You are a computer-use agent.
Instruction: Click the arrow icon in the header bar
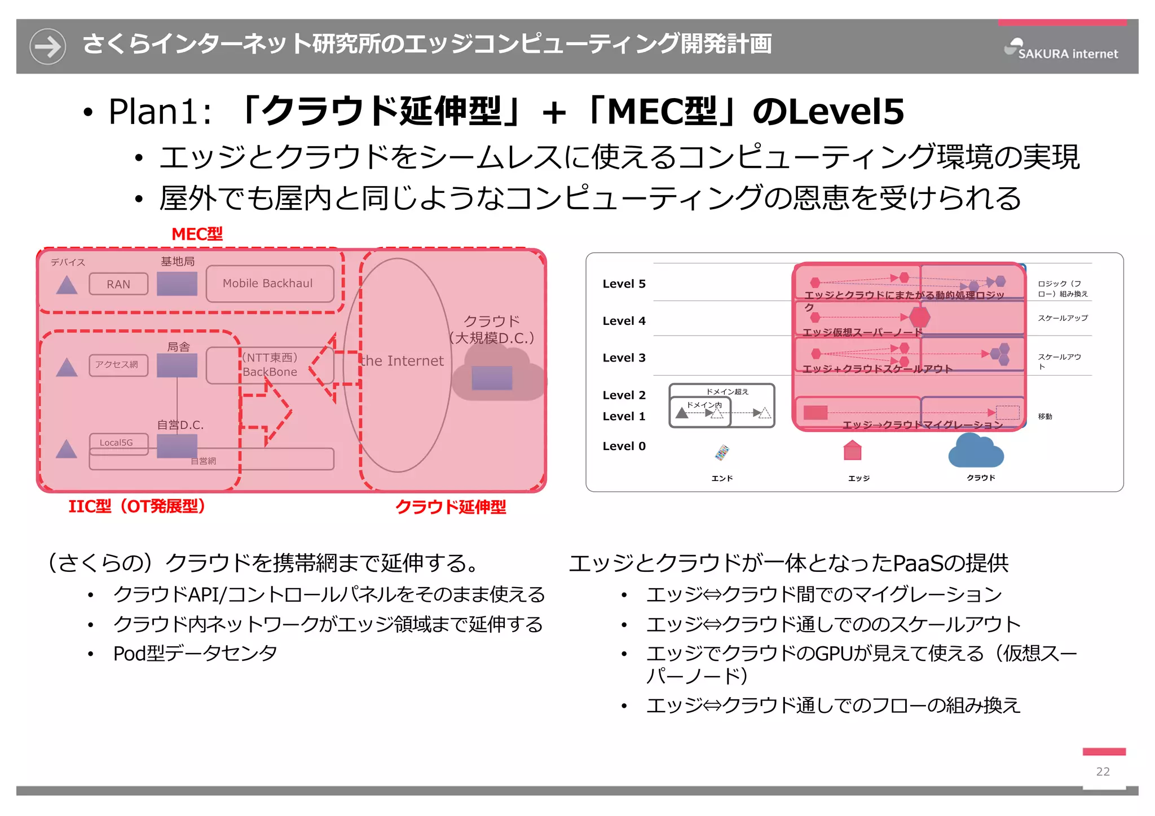click(x=48, y=46)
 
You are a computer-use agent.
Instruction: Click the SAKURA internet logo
click(x=1061, y=50)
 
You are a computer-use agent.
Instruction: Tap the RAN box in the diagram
click(x=118, y=284)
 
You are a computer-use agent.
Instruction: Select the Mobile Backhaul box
click(x=268, y=284)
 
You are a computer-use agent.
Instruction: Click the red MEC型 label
click(x=197, y=233)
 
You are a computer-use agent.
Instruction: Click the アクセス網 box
click(x=118, y=365)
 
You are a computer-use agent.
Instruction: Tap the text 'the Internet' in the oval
click(x=402, y=361)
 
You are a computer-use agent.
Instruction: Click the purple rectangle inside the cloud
click(x=492, y=378)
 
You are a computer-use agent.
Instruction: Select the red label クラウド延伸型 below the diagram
click(x=450, y=507)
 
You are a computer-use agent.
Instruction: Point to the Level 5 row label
click(x=624, y=284)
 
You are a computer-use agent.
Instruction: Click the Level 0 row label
click(x=624, y=446)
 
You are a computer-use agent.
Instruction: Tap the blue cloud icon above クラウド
click(x=976, y=452)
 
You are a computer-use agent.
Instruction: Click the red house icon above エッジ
click(x=852, y=451)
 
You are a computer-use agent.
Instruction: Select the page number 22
click(x=1103, y=771)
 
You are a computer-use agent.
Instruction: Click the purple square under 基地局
click(x=177, y=284)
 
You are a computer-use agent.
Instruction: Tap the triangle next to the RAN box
click(x=67, y=285)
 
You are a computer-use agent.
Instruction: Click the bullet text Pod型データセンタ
click(x=195, y=654)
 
